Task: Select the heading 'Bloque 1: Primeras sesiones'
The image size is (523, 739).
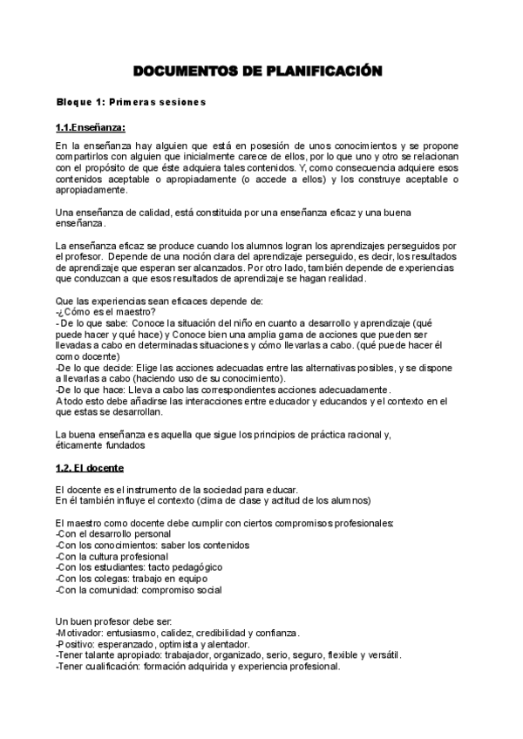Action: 130,102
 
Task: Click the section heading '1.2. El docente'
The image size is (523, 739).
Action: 89,469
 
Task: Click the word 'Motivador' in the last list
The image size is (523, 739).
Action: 78,633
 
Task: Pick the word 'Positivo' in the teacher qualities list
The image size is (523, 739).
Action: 75,644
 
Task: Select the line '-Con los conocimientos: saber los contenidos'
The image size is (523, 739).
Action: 152,545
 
